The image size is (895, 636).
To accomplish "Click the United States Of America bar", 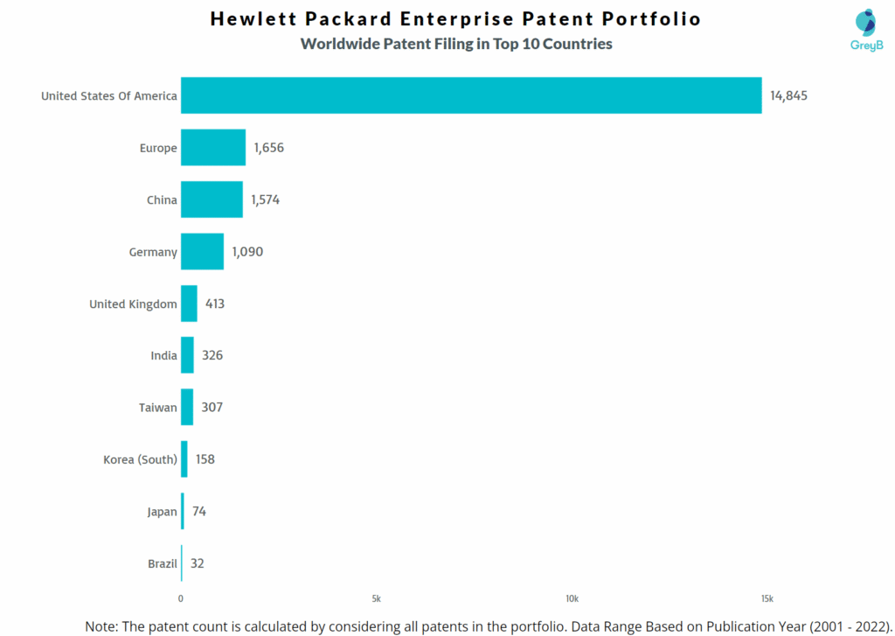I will (x=471, y=95).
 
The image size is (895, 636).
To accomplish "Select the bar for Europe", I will (x=213, y=148).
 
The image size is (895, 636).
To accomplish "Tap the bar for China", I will (x=212, y=199).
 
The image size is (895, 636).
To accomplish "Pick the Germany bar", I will (x=202, y=252).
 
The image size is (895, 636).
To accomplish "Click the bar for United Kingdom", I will (x=189, y=304).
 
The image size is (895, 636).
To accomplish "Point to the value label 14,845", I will (x=788, y=95).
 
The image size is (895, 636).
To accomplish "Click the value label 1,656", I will (x=269, y=148).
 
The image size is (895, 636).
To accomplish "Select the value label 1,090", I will (x=247, y=252).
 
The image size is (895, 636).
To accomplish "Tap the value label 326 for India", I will (x=212, y=356).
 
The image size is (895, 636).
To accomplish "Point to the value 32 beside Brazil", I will (x=198, y=563).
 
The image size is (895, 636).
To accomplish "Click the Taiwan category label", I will (x=158, y=408).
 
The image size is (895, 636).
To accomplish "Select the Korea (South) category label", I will (x=140, y=459).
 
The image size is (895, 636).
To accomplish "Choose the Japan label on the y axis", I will (x=162, y=512).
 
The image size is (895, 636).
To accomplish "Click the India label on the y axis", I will (x=163, y=356).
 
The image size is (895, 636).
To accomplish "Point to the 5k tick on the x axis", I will (x=376, y=599).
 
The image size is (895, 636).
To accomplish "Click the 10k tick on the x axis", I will (x=572, y=599).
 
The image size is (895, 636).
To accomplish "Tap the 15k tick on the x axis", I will (x=767, y=599).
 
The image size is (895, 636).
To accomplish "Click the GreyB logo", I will (x=866, y=30).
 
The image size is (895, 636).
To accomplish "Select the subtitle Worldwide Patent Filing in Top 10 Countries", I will (x=456, y=44).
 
